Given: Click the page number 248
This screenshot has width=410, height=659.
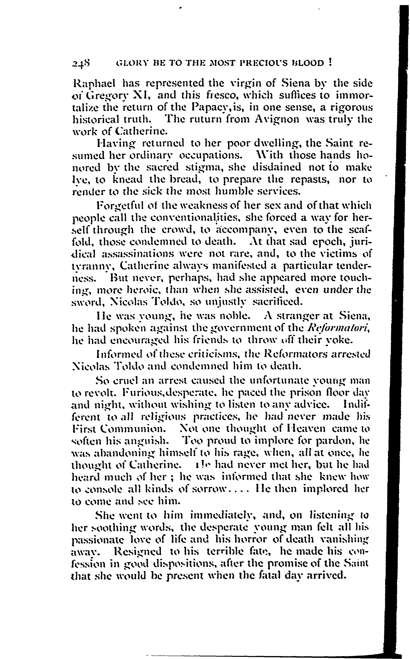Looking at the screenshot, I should click(x=81, y=64).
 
